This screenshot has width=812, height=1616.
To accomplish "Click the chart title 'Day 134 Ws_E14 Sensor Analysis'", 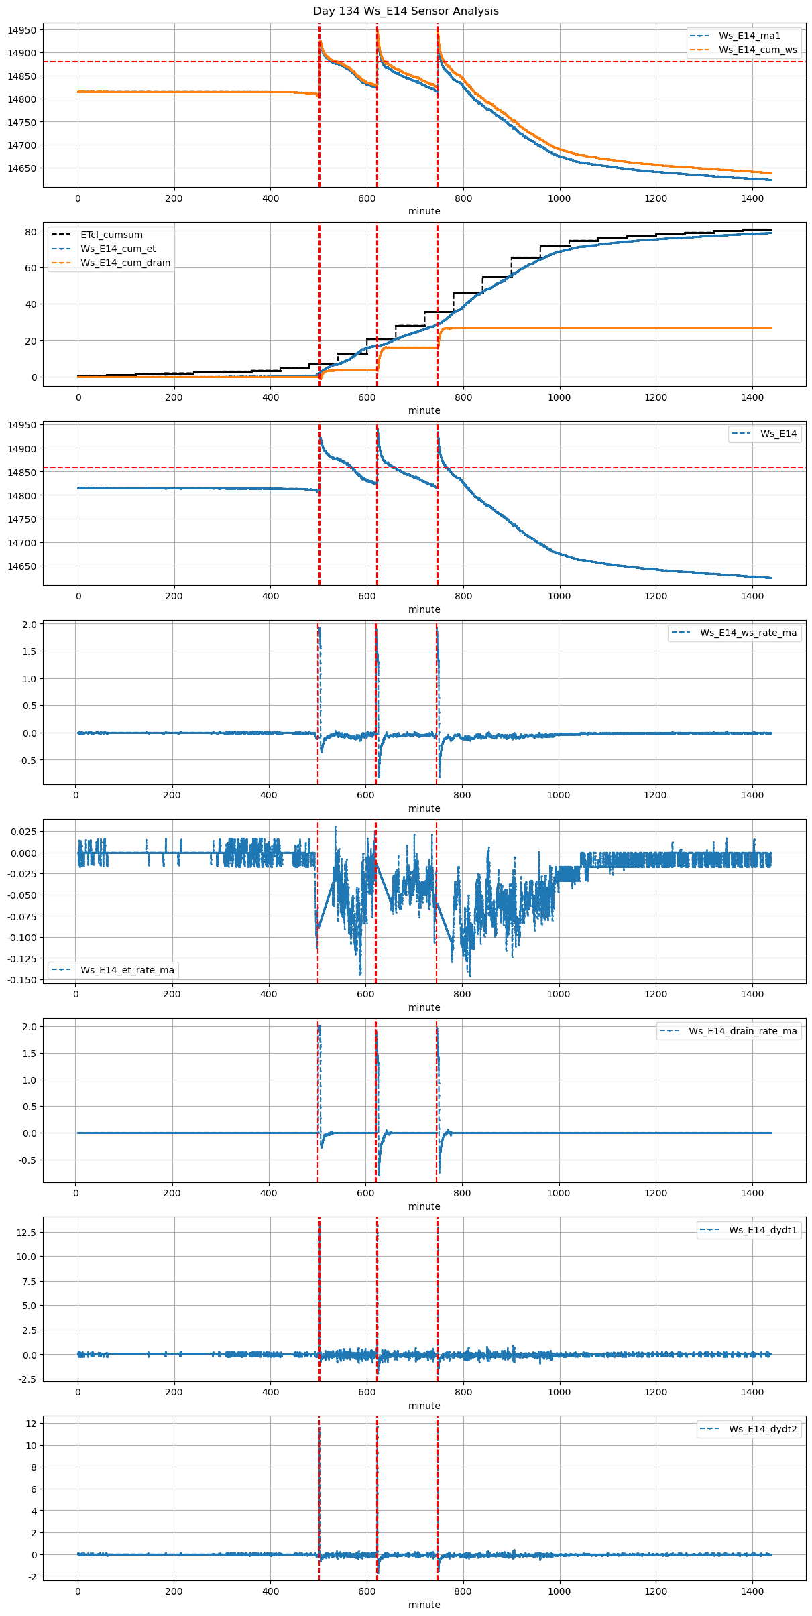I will [x=406, y=11].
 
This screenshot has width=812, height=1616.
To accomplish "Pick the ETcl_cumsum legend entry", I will [x=111, y=235].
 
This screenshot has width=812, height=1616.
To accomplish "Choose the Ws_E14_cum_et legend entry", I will [x=118, y=249].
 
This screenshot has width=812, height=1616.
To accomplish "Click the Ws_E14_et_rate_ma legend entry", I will [x=127, y=970].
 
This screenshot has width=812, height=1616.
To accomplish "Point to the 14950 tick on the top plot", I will [x=22, y=30].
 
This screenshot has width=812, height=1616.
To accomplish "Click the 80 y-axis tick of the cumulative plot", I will [x=31, y=232].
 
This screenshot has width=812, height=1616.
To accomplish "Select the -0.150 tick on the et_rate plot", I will [x=23, y=980].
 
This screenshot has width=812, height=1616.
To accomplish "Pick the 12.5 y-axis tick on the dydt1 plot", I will [x=27, y=1232].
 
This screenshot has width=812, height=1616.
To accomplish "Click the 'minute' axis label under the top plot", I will [x=424, y=211].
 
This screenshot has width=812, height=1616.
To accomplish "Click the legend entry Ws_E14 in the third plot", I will [x=778, y=434].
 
